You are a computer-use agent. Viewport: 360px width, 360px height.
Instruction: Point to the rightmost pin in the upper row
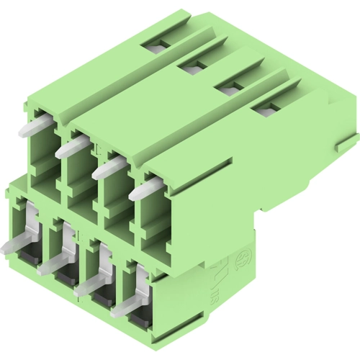tap(144, 190)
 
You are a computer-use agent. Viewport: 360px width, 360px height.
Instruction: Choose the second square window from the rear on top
tap(192, 67)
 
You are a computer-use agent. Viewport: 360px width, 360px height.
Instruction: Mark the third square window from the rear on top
tap(229, 88)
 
